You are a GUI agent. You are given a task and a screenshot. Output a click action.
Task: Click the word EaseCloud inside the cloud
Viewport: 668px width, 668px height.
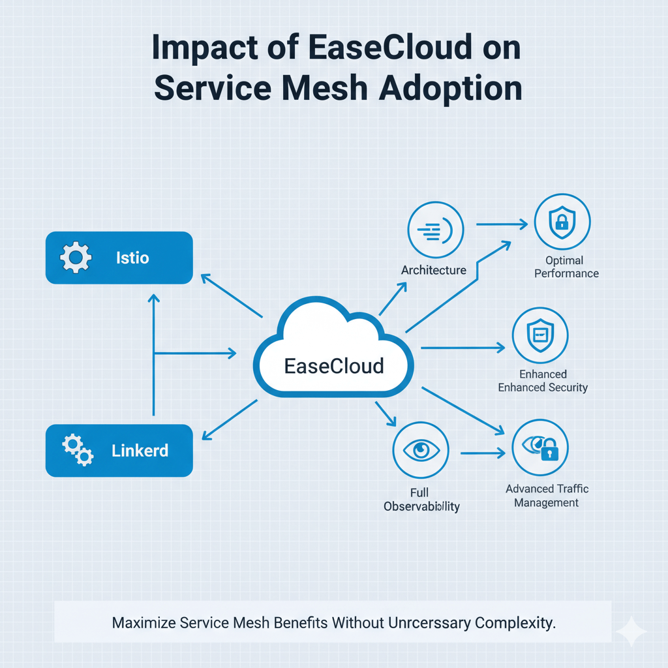(334, 366)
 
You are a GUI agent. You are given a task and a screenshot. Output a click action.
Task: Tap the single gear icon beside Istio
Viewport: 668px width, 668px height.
(76, 258)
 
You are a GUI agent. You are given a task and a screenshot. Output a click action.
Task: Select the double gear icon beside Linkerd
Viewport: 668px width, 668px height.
(77, 450)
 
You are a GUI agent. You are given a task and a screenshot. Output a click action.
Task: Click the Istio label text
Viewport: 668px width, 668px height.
(132, 258)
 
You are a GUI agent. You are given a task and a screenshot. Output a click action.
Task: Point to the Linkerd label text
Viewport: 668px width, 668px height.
(140, 451)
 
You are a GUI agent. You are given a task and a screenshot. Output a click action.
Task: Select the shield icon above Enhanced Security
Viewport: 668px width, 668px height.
(540, 335)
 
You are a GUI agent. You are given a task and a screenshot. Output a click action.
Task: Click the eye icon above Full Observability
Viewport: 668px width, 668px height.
(421, 450)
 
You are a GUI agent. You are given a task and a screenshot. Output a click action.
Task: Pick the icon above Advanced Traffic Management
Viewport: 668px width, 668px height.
(540, 448)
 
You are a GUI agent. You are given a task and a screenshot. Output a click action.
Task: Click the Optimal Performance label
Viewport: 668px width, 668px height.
(566, 267)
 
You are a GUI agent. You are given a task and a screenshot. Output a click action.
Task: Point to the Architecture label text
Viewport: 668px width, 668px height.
(434, 270)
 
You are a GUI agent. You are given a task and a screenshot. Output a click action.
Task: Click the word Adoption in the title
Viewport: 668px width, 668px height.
(451, 89)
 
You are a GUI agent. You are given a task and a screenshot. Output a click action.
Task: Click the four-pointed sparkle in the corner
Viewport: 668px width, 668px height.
(631, 631)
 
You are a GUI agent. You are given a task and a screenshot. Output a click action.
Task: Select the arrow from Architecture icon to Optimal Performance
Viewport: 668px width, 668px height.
(501, 225)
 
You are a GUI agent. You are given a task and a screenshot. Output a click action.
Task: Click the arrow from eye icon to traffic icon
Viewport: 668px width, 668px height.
(483, 452)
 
